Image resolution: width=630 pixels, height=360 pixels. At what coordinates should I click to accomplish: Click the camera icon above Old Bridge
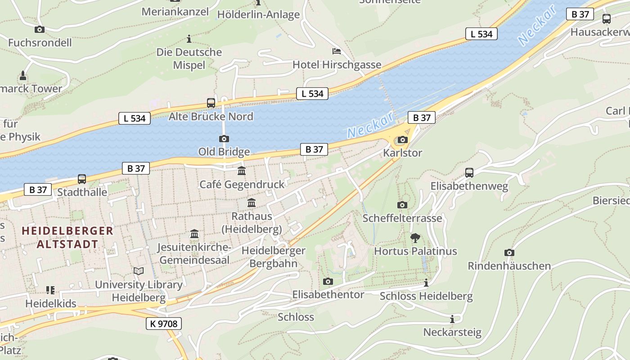click(224, 139)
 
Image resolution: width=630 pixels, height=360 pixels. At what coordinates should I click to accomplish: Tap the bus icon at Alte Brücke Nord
click(211, 103)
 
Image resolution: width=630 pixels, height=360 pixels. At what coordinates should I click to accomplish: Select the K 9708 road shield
click(164, 323)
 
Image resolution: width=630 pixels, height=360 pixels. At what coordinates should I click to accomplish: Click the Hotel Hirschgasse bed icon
click(336, 51)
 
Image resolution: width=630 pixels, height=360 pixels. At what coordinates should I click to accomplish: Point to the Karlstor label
click(402, 153)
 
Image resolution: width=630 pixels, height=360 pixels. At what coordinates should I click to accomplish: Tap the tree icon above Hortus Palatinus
click(415, 238)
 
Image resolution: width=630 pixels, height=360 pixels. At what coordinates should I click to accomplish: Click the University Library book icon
click(139, 271)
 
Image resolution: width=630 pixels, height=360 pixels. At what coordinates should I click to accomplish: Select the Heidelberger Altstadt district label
click(67, 238)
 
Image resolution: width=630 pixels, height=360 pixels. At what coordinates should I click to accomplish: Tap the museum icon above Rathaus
click(252, 203)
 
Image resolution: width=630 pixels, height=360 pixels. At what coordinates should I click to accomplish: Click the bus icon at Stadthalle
click(82, 179)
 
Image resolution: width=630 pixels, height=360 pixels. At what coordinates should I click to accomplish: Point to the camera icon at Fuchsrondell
click(40, 30)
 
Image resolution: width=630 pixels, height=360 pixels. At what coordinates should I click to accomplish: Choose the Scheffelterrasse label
click(402, 218)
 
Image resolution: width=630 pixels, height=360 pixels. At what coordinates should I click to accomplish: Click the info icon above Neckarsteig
click(452, 319)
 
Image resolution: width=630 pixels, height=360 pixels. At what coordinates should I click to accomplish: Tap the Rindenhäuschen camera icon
click(509, 253)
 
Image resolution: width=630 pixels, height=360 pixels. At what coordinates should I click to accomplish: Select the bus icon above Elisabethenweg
click(469, 173)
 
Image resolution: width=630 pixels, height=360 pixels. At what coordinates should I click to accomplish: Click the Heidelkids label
click(51, 303)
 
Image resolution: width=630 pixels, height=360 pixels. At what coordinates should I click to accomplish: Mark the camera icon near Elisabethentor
click(328, 282)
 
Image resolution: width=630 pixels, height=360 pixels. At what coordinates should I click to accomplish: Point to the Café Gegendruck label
click(242, 184)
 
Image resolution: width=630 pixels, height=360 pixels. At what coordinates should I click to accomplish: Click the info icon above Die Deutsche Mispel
click(189, 39)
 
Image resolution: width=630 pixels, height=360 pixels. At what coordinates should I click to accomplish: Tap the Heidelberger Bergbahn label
click(273, 256)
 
